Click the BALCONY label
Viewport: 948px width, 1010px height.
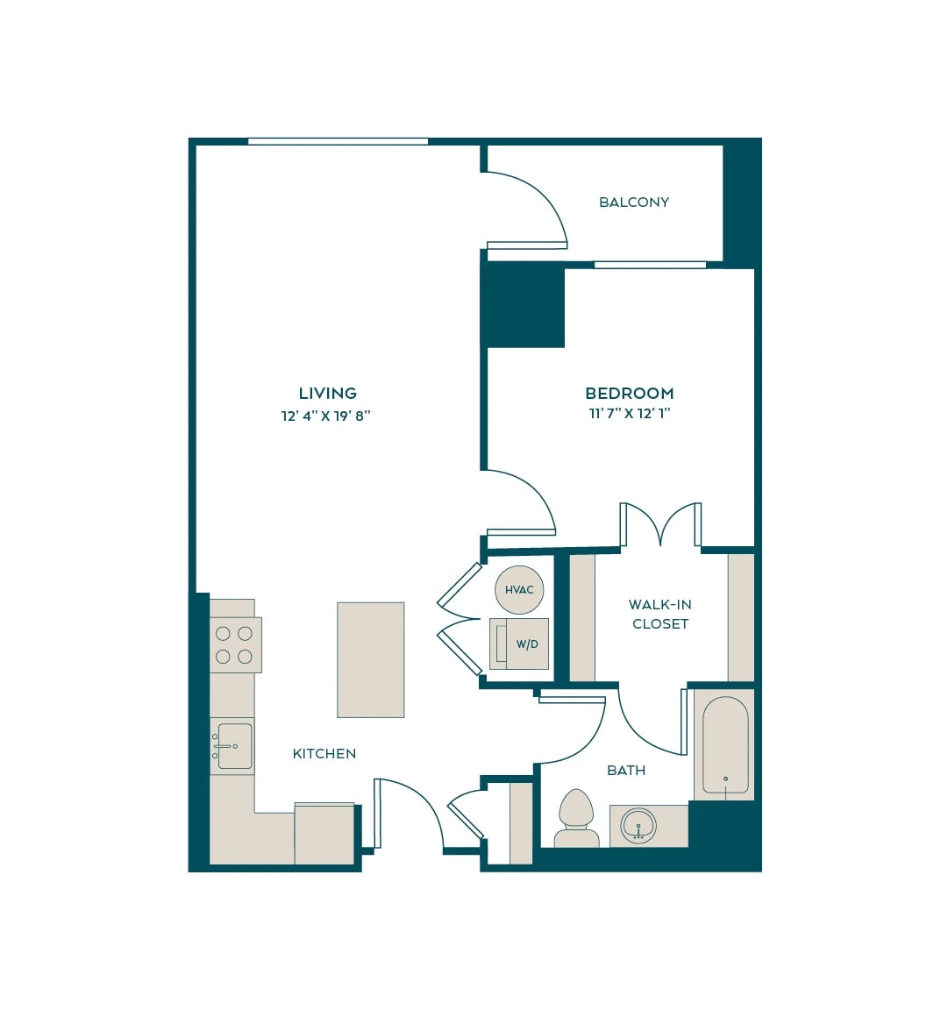click(x=633, y=203)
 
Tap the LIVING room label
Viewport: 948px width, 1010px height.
click(x=327, y=393)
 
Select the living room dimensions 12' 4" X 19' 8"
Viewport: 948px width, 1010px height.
click(x=325, y=416)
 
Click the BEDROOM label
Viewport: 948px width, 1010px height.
click(x=629, y=393)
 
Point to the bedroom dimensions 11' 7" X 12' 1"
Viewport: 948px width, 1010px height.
click(x=630, y=414)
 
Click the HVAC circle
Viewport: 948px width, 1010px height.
click(x=519, y=589)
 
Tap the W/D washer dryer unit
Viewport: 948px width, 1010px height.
click(x=519, y=644)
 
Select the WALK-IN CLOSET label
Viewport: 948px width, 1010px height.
click(x=660, y=614)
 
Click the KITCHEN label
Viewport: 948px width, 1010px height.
click(x=324, y=754)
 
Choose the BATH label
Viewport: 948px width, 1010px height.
click(x=626, y=771)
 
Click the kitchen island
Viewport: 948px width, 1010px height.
click(x=371, y=659)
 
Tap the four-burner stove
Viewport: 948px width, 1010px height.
click(x=235, y=644)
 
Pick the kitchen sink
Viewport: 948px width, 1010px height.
click(x=233, y=746)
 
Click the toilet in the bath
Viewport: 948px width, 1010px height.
click(x=576, y=818)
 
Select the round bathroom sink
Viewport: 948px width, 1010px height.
click(x=638, y=825)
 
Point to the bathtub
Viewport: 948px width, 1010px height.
click(x=725, y=745)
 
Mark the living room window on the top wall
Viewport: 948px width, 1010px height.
click(x=338, y=141)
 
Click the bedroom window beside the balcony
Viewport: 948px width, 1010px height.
click(x=650, y=265)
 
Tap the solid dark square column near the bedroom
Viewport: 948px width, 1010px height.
click(x=524, y=306)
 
